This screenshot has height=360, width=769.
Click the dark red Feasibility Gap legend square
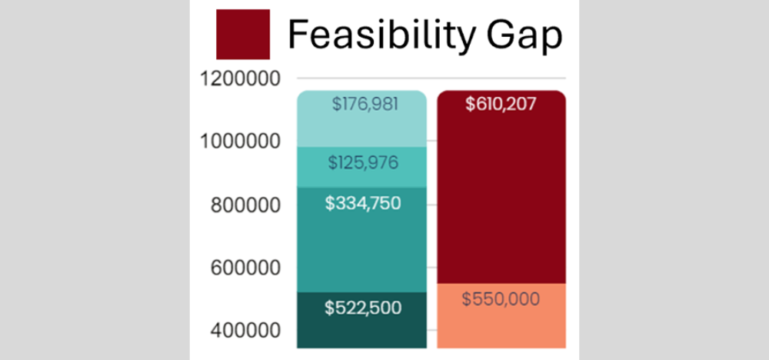click(x=243, y=34)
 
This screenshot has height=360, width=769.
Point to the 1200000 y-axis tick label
click(x=238, y=78)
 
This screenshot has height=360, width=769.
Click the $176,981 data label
click(x=365, y=104)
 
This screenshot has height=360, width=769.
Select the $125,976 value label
click(x=365, y=163)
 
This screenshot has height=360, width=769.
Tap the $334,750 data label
click(x=363, y=205)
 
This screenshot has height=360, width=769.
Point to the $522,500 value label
click(x=363, y=308)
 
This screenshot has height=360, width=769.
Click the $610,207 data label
click(x=501, y=104)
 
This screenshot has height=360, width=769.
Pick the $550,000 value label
click(x=501, y=299)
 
